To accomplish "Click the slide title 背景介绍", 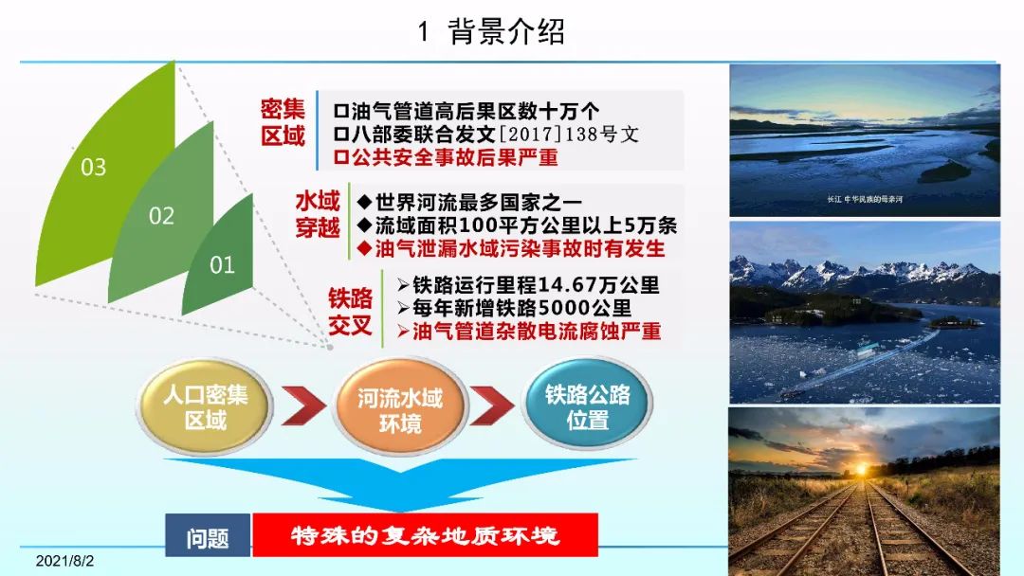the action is [x=506, y=31].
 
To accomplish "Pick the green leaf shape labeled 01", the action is [x=221, y=261].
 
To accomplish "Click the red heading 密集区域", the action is [x=283, y=122].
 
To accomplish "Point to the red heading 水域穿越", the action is [x=318, y=214].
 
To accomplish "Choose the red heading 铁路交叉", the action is [x=350, y=311].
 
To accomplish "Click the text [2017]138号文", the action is [x=568, y=134].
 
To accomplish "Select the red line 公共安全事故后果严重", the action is [x=446, y=157].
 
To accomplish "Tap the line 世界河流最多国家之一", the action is [x=469, y=202].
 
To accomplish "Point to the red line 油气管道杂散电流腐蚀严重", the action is [x=529, y=331].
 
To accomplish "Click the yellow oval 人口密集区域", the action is [x=205, y=406].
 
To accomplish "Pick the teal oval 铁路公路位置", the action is [x=588, y=405].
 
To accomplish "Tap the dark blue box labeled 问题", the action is [x=208, y=535].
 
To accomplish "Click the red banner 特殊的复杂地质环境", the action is [x=425, y=535].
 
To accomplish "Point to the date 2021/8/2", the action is [x=64, y=561].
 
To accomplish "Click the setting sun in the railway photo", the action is [x=862, y=468].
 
